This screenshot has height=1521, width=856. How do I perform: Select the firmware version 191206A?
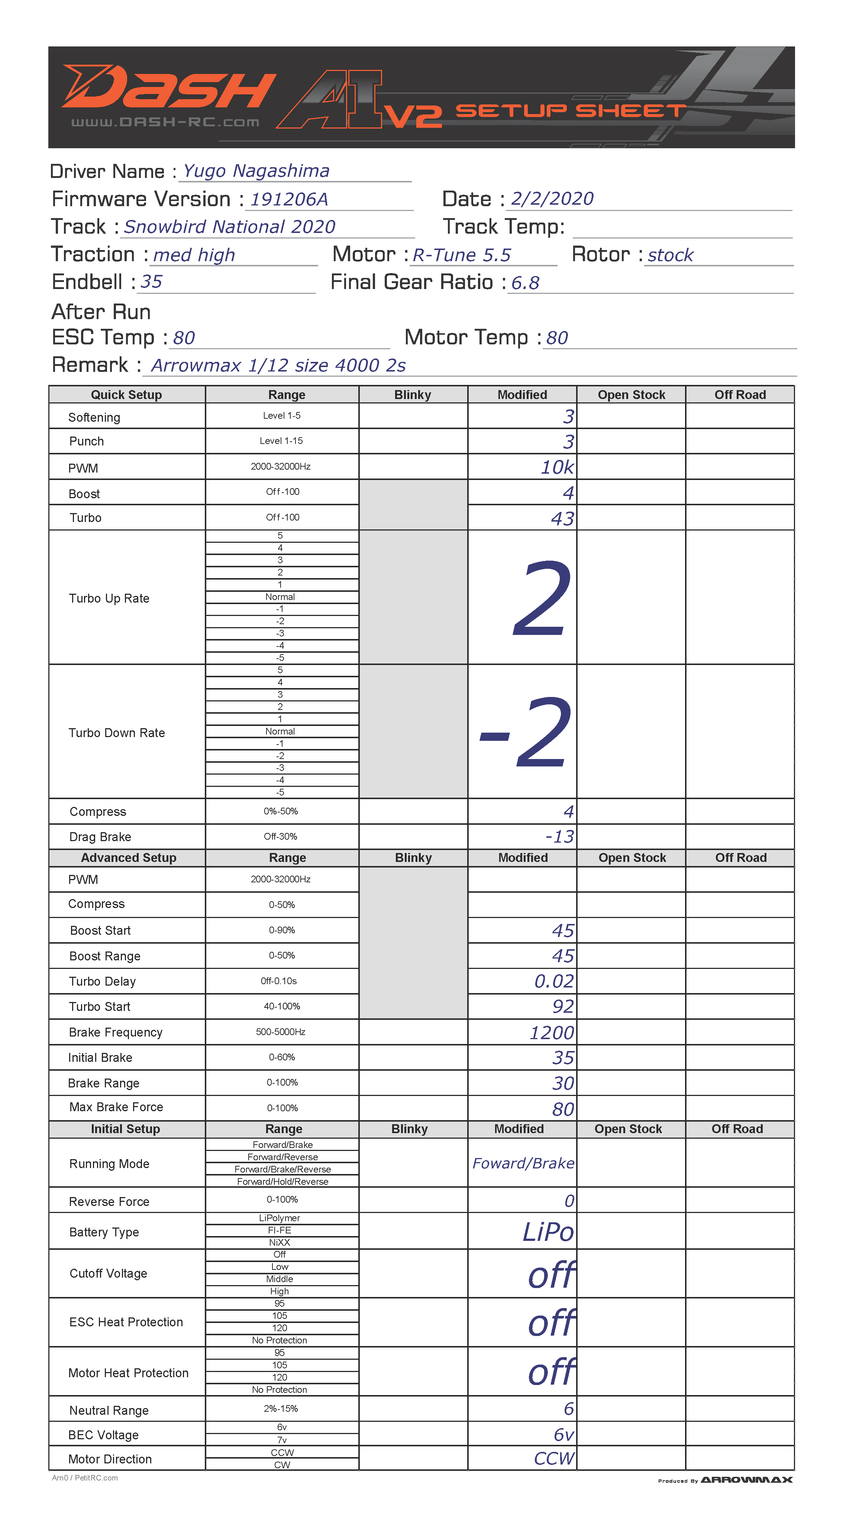(x=289, y=199)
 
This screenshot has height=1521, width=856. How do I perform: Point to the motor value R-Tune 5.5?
(x=461, y=255)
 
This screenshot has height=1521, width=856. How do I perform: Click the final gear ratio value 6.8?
(x=525, y=283)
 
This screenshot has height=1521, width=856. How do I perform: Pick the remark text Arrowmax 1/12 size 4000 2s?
(x=278, y=366)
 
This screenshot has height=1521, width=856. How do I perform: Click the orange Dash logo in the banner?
(x=168, y=88)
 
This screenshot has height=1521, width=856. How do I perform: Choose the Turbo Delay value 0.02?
(x=553, y=981)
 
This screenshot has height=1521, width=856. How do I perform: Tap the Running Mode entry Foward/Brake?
(x=523, y=1164)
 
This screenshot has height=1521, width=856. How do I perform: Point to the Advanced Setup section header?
(x=128, y=858)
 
